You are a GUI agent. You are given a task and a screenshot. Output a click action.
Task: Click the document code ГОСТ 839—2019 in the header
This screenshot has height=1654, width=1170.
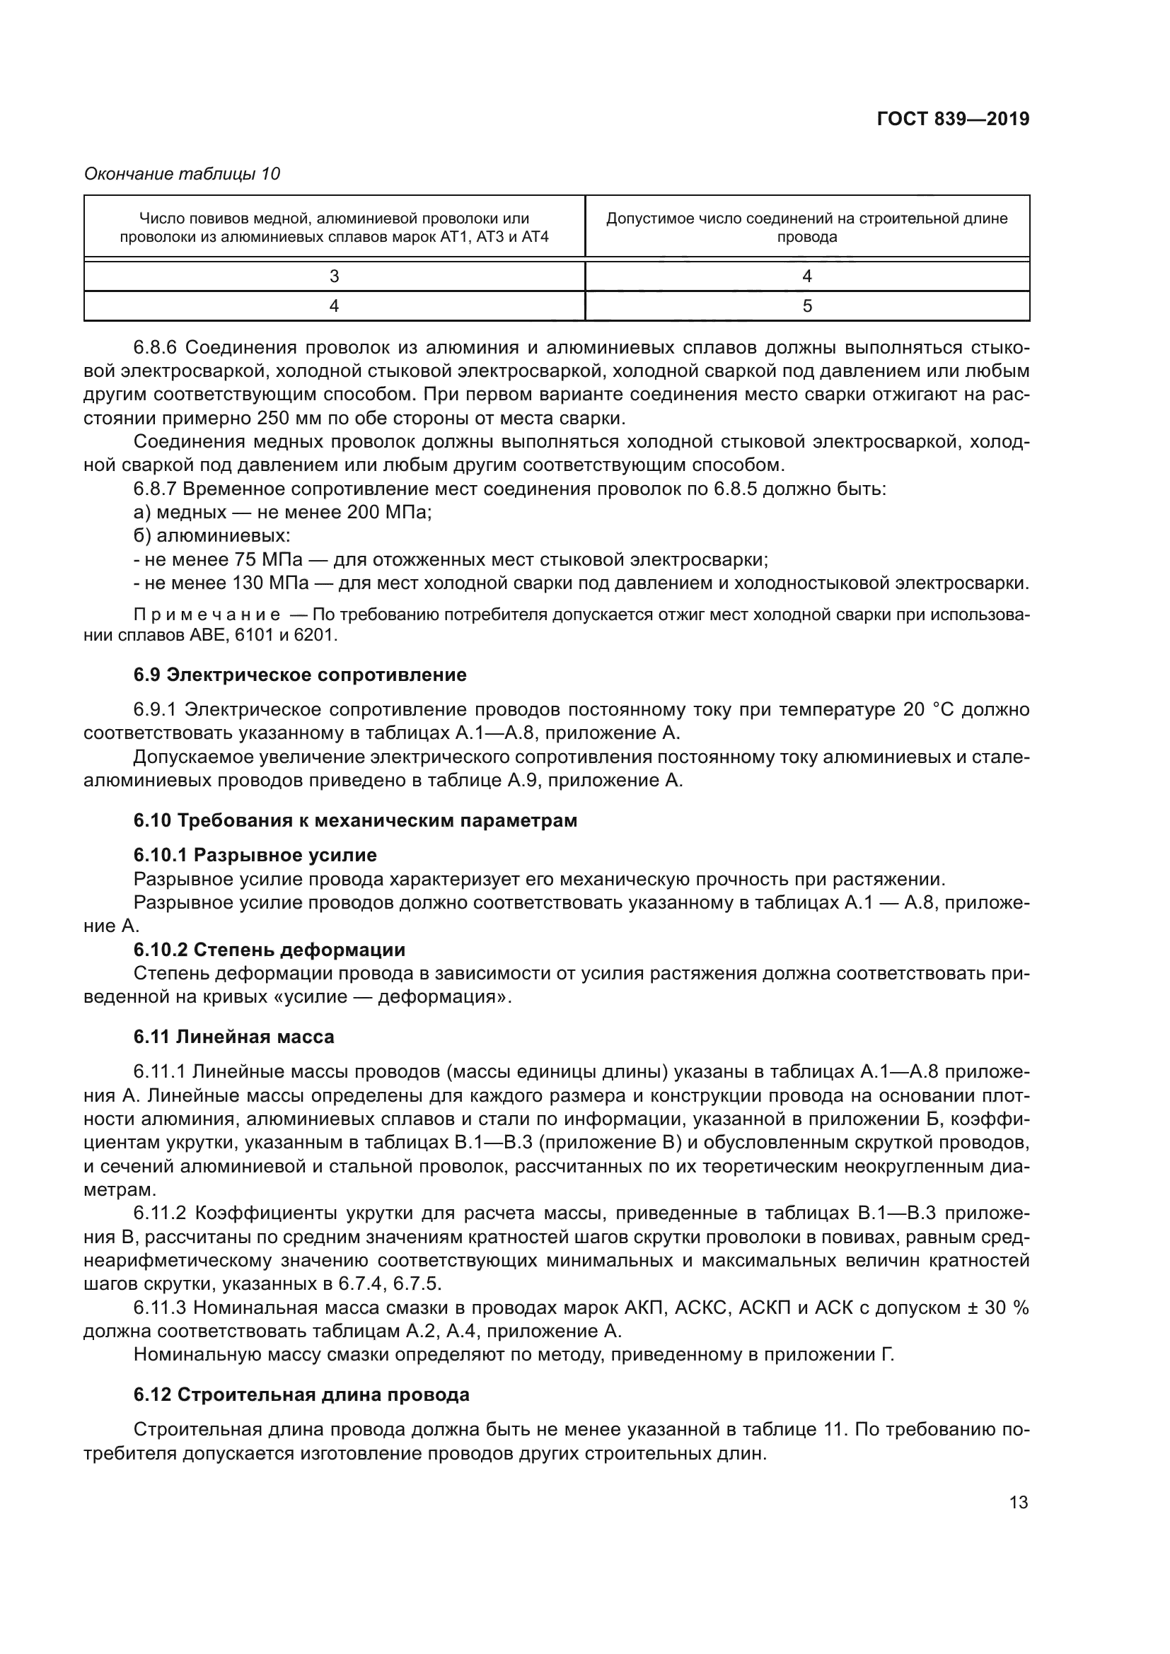point(952,119)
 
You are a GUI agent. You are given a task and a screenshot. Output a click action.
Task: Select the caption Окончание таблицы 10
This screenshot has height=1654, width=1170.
point(183,174)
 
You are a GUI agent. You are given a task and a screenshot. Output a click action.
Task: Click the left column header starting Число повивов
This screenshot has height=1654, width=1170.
point(335,227)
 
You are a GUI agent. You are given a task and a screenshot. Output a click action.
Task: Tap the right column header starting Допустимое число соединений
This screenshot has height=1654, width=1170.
point(807,227)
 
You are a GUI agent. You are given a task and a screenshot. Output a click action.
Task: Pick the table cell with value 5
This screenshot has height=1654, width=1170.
point(807,306)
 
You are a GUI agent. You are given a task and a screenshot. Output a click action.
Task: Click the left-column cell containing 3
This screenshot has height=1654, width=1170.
point(335,276)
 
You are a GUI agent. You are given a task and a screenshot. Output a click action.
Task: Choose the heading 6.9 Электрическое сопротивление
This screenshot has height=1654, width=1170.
point(300,675)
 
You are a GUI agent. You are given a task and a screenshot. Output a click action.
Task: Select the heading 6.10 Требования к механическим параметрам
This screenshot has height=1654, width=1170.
point(355,820)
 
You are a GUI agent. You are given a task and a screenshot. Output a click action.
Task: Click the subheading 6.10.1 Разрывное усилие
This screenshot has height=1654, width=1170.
point(255,855)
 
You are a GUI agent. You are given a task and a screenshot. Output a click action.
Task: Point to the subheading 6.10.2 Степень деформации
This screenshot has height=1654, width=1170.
point(270,950)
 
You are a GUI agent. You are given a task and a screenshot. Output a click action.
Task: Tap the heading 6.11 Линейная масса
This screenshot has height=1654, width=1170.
point(233,1037)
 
